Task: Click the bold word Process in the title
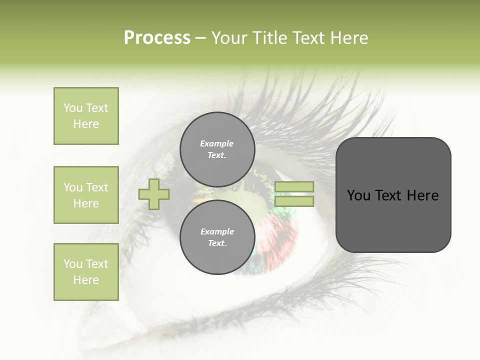(x=157, y=37)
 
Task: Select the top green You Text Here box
(x=86, y=116)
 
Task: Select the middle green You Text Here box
(x=86, y=195)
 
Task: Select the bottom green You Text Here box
(x=86, y=271)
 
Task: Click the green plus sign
(x=154, y=193)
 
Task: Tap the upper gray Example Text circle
(x=217, y=149)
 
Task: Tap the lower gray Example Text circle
(x=217, y=237)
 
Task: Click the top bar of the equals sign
(x=294, y=186)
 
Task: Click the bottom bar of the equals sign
(x=294, y=201)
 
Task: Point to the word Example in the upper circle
(x=217, y=143)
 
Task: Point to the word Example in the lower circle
(x=217, y=231)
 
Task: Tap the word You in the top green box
(x=72, y=108)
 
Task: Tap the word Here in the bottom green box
(x=86, y=280)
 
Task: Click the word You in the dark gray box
(x=358, y=195)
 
